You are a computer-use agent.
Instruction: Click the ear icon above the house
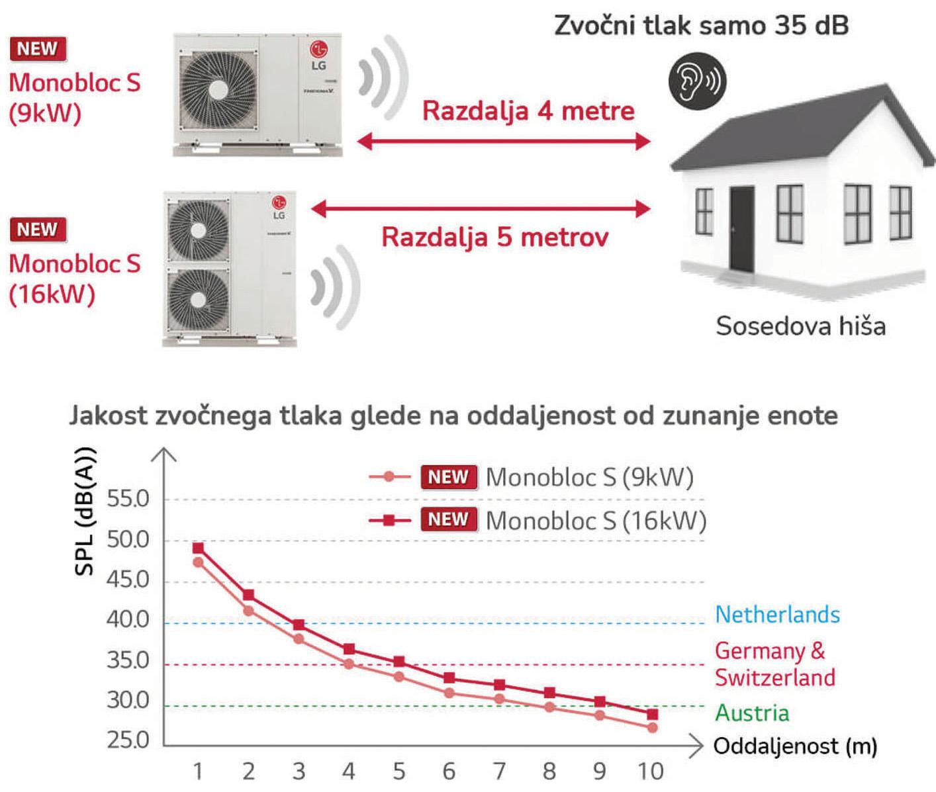[697, 81]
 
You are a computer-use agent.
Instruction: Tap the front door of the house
[742, 229]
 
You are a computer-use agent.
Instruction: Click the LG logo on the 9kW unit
[319, 50]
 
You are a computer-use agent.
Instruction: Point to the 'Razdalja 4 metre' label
[528, 110]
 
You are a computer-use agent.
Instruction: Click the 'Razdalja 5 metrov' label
[494, 237]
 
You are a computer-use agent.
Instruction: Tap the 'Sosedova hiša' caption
[800, 326]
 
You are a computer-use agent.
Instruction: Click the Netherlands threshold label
[777, 615]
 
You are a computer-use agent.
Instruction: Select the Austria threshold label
[752, 713]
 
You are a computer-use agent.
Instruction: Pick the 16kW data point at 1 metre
[198, 549]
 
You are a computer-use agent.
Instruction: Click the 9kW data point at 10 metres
[652, 728]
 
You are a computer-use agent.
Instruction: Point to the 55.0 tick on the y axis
[128, 499]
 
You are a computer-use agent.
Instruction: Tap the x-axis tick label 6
[449, 771]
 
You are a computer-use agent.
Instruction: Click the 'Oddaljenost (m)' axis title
[795, 746]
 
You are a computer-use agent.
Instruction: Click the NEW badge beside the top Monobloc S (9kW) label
[38, 49]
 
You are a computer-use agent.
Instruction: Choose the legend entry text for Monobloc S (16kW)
[596, 521]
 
